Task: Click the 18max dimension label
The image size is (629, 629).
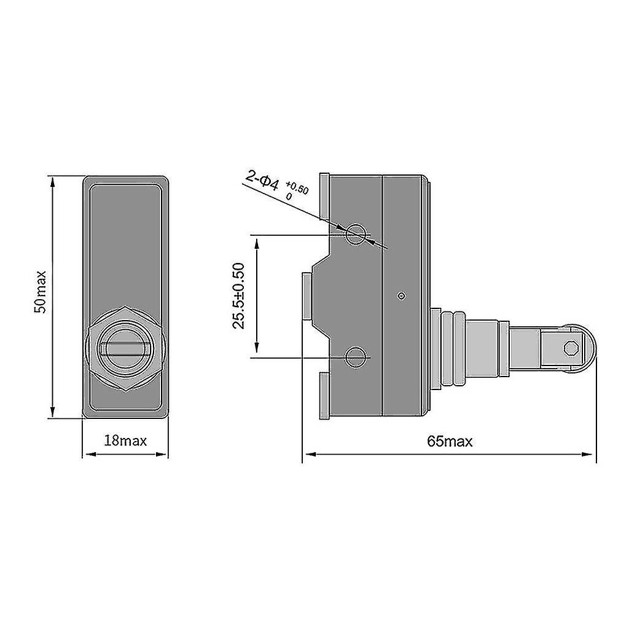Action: pyautogui.click(x=125, y=440)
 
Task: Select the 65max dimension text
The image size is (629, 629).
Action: pyautogui.click(x=450, y=441)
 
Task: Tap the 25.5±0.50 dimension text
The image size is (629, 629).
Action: pyautogui.click(x=240, y=295)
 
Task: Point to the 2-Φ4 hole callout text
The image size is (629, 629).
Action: pyautogui.click(x=262, y=180)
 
